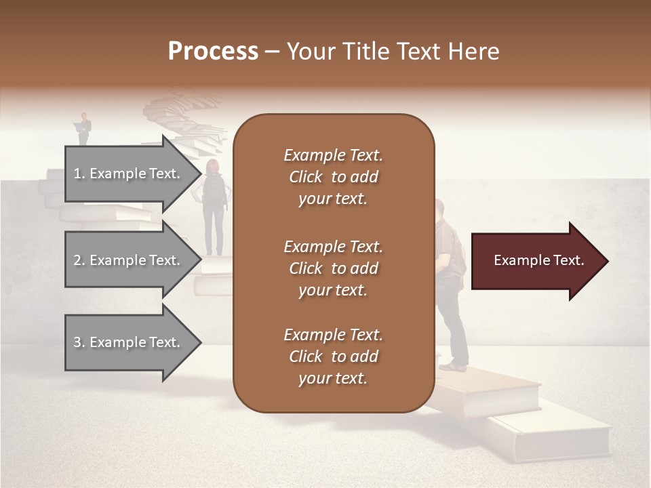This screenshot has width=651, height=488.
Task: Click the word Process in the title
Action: (213, 52)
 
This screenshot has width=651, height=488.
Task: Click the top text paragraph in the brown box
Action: (333, 177)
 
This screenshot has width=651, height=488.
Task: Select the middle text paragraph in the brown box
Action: (333, 268)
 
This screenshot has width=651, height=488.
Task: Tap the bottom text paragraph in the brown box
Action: (333, 357)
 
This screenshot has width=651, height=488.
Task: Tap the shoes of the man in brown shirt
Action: (453, 366)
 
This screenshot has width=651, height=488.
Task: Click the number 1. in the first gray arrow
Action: (79, 174)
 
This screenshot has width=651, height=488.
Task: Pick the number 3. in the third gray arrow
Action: (79, 342)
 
